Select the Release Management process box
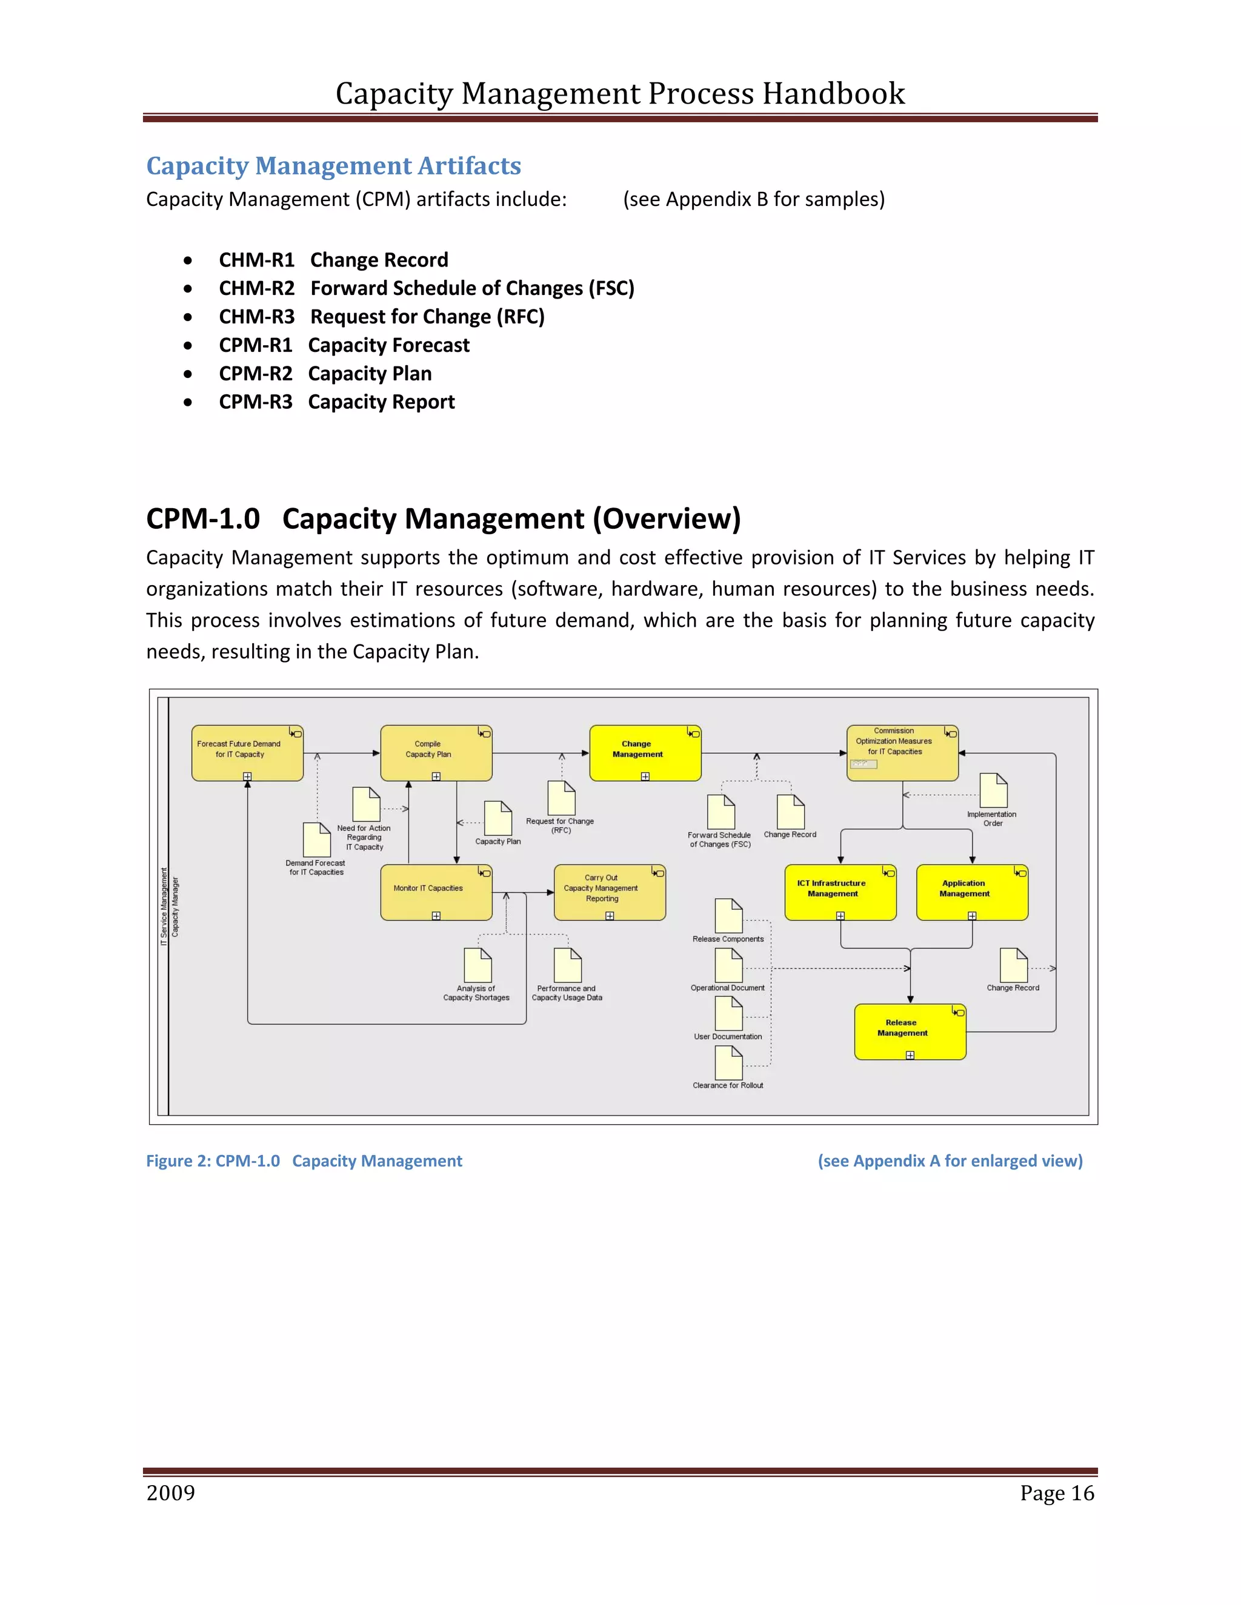point(910,1031)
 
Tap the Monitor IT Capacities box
point(435,892)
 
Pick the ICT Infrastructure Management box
point(840,892)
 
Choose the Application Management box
point(971,892)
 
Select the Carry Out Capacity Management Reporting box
point(610,892)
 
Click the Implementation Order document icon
point(993,791)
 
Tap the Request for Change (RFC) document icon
point(561,798)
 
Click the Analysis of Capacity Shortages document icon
point(478,965)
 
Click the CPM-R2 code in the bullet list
point(255,373)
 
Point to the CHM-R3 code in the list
point(256,317)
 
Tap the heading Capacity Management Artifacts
point(333,166)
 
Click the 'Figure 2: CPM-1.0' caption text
point(213,1160)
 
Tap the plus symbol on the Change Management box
point(645,776)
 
